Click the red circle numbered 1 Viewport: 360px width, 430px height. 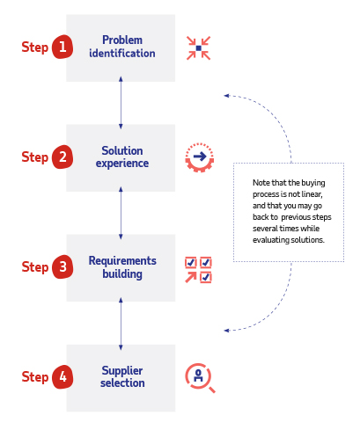[62, 47]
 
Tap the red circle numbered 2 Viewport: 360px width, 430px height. [62, 157]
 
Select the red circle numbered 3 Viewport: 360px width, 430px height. [62, 267]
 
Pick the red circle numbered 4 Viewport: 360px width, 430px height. [62, 377]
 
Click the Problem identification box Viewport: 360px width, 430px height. [121, 47]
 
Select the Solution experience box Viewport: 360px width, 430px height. [121, 157]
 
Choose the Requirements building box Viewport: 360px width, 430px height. [121, 267]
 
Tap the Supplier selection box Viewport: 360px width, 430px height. [121, 377]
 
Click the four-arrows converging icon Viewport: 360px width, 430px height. [199, 47]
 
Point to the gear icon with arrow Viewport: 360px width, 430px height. [199, 157]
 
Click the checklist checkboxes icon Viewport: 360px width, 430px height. [199, 269]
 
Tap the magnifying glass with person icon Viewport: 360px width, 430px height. [199, 377]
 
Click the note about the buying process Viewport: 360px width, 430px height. [288, 211]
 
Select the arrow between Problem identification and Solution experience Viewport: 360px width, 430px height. [121, 103]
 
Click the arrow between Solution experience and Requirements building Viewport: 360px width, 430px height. [121, 213]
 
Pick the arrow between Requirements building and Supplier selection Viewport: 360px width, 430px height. [121, 323]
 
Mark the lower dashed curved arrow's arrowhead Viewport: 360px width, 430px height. [226, 331]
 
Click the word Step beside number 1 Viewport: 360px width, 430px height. [35, 47]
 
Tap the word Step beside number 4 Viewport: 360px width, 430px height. [35, 377]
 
